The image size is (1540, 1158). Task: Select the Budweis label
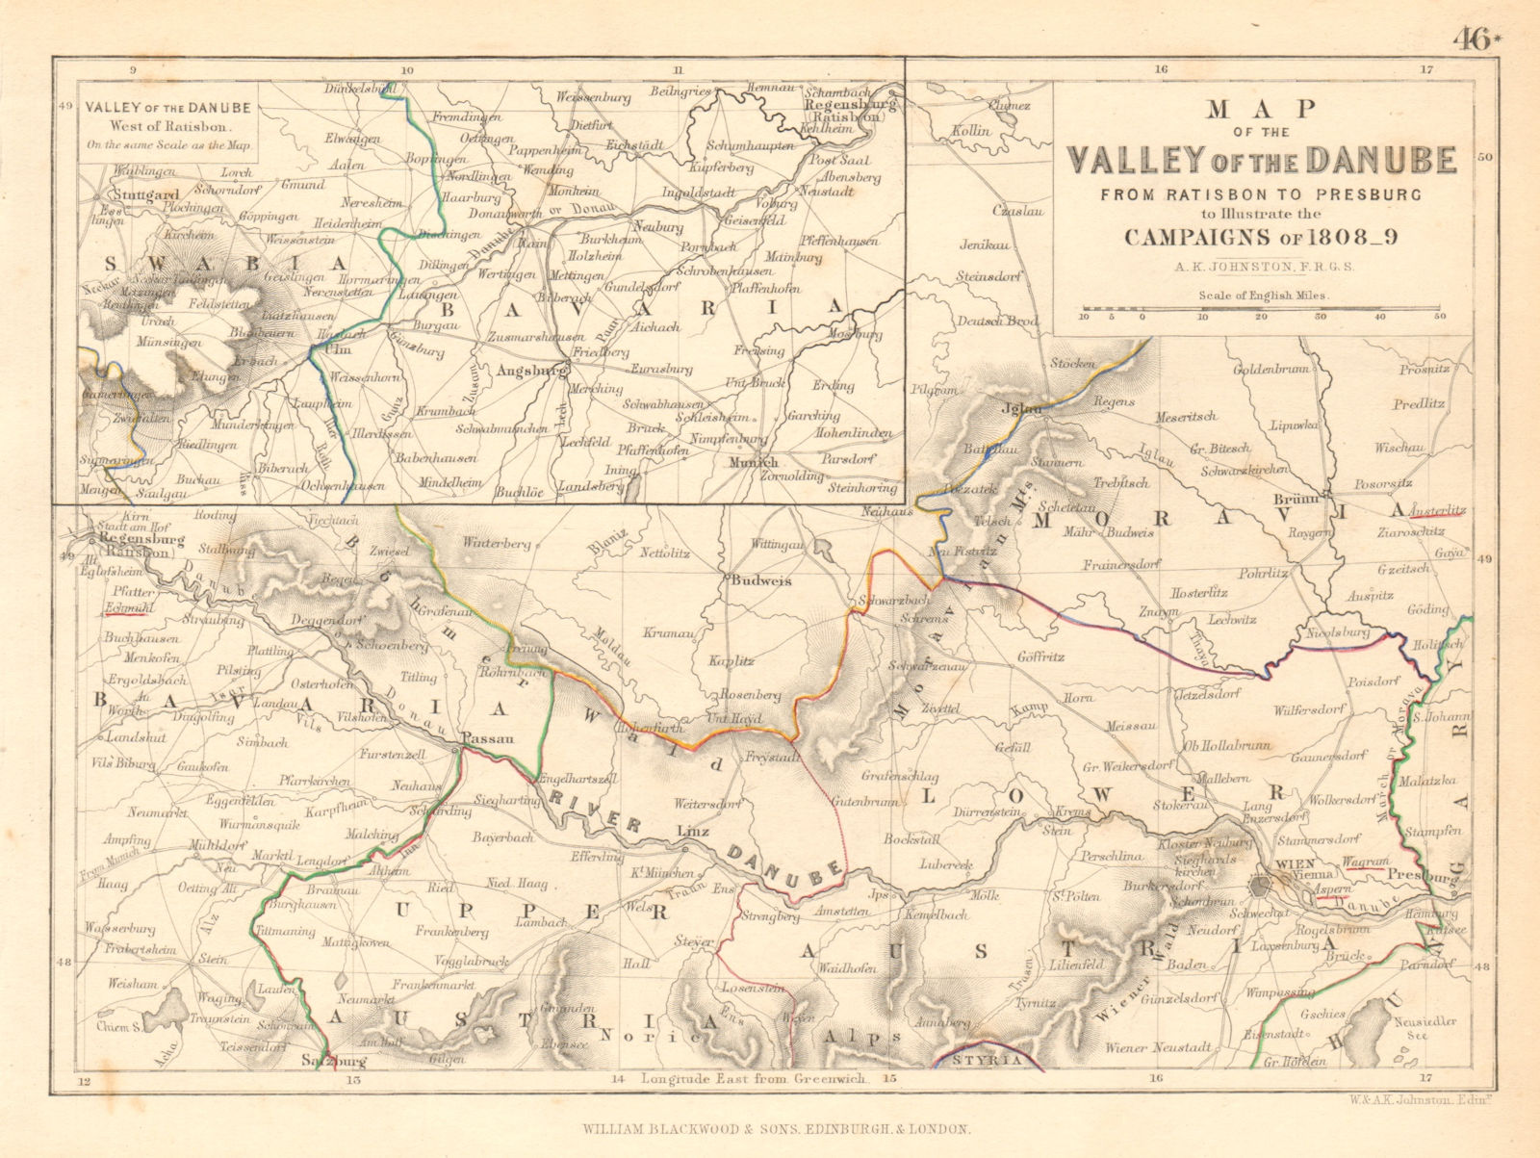[756, 581]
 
